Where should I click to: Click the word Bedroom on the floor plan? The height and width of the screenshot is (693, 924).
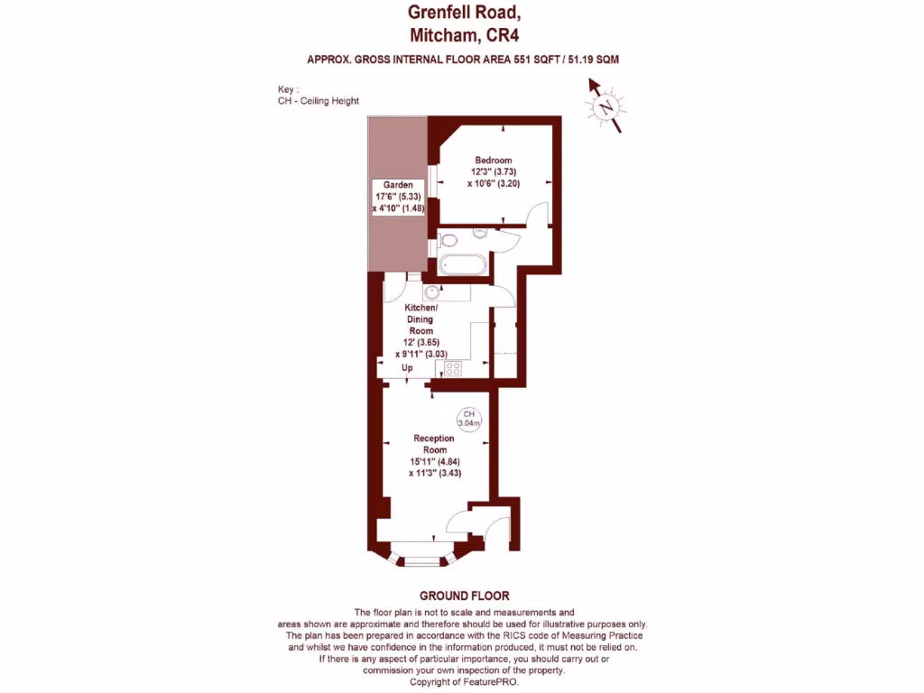coord(494,161)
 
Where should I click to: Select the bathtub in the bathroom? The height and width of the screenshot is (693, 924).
coord(464,265)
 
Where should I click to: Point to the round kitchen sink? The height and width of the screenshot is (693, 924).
coord(433,291)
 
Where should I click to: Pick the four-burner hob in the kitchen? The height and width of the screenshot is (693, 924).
coord(452,368)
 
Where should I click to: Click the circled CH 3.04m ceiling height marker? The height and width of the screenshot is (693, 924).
coord(469,418)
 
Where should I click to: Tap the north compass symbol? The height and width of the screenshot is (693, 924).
coord(605,106)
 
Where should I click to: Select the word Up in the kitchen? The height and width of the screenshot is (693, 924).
coord(407,369)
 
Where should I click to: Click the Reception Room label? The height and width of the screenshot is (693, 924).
coord(434,444)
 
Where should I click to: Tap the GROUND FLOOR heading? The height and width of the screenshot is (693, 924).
coord(465,596)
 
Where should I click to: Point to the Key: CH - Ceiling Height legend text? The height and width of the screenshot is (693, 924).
coord(319,96)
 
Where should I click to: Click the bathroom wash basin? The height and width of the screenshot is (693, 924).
coord(480,232)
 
